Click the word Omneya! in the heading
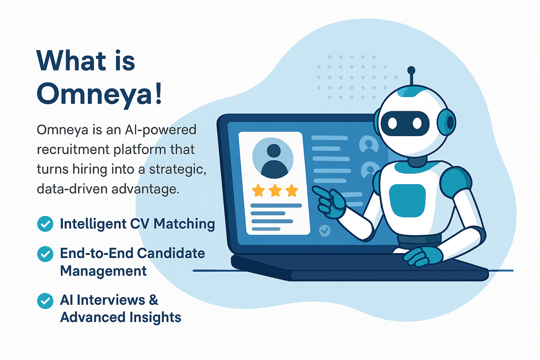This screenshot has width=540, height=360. tap(99, 94)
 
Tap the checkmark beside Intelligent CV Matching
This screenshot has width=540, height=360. tap(44, 224)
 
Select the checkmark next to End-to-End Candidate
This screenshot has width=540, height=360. tap(44, 254)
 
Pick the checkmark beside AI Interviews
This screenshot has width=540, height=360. tap(44, 300)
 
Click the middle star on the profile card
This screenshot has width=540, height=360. tap(275, 190)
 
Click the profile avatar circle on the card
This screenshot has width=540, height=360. tap(272, 158)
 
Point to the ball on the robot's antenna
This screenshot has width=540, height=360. tap(411, 70)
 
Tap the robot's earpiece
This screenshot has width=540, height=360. tap(448, 122)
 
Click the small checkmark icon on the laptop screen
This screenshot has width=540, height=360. tap(325, 230)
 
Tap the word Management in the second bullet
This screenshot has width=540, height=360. tap(103, 271)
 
